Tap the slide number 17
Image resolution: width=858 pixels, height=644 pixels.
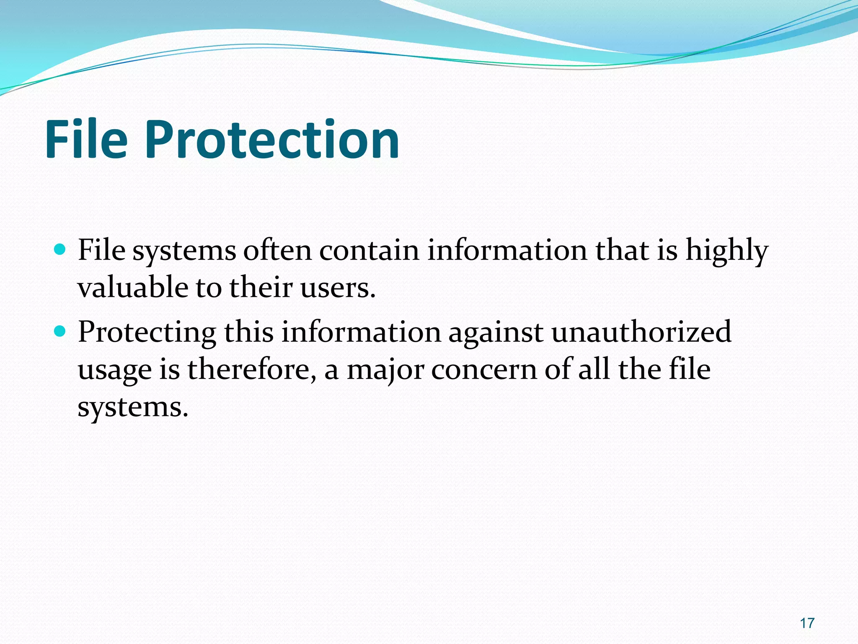(x=807, y=623)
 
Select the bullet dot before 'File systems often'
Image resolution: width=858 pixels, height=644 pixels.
(x=60, y=250)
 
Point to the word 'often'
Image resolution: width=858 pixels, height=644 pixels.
(x=277, y=250)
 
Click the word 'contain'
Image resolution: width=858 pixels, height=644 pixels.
(x=369, y=250)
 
